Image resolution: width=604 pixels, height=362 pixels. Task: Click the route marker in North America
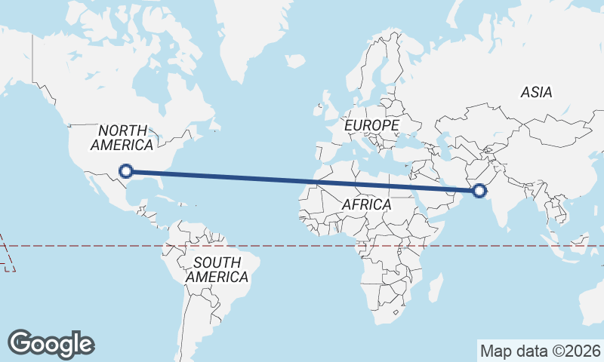coord(127,171)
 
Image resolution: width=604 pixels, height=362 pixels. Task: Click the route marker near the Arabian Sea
coord(479,192)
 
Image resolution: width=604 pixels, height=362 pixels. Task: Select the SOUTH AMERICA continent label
coord(217,269)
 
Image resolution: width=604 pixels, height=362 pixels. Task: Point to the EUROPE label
coord(371,124)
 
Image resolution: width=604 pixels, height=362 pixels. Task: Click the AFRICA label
coord(366,204)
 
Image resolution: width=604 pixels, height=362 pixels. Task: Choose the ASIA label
coord(536,92)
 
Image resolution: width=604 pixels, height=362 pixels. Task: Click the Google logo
coord(51,344)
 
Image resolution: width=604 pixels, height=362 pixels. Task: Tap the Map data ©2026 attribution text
coord(541,351)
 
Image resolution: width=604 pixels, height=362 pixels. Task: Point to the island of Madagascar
coord(435,290)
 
